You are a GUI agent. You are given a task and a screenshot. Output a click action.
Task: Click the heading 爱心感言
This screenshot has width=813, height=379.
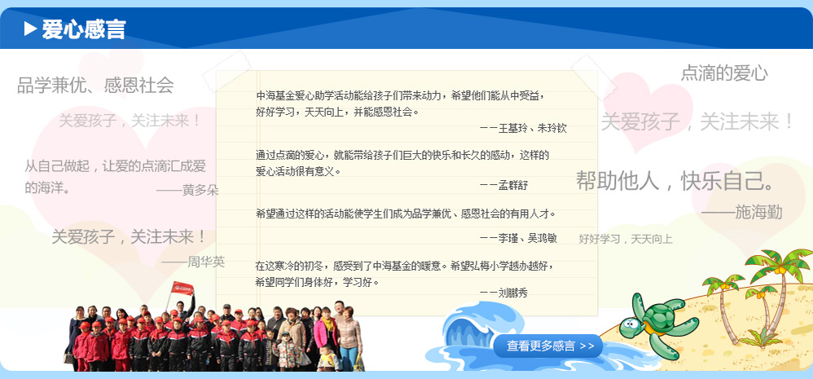83,29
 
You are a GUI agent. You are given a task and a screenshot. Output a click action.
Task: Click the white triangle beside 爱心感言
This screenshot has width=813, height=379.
30,29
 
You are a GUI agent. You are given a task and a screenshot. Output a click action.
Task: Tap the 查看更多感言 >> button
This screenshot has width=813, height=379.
548,346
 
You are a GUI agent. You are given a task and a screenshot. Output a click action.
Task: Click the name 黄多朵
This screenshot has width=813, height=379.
200,190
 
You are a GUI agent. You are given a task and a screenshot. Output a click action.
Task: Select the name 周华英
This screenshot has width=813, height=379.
206,262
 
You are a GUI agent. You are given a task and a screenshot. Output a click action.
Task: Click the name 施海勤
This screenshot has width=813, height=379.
758,212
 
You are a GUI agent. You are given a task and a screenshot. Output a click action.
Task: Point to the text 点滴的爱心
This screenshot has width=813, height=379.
724,73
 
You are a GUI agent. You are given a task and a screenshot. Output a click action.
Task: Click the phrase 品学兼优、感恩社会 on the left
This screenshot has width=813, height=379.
95,85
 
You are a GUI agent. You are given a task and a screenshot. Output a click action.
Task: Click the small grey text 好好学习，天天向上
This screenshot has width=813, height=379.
626,239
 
